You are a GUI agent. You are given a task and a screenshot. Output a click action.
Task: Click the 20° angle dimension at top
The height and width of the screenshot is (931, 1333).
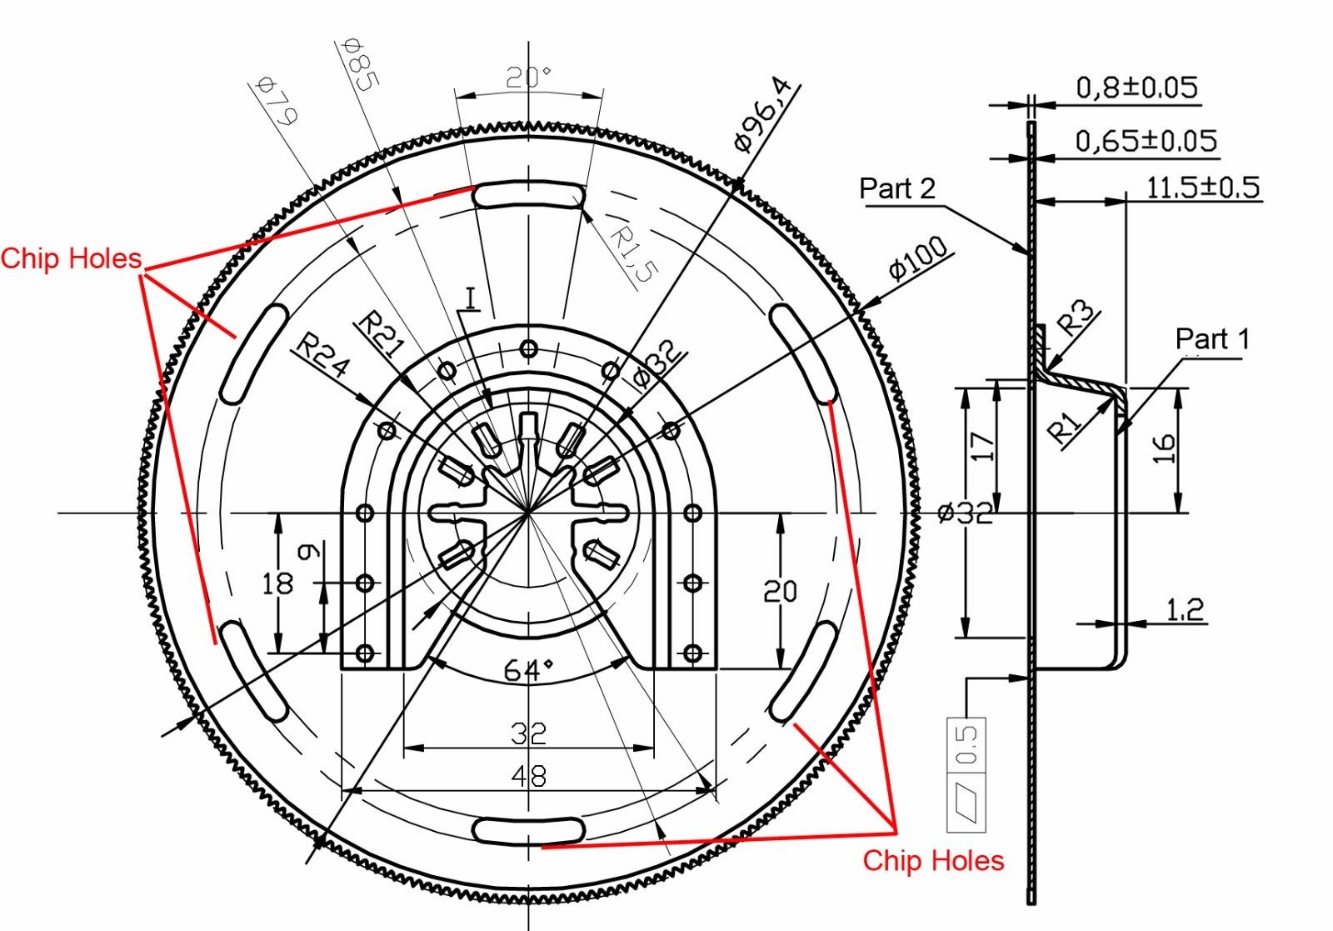coord(529,78)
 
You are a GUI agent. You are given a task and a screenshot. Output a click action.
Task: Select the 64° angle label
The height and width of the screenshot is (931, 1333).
coord(528,668)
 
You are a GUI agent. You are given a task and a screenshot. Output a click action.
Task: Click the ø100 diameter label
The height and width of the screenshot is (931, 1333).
coord(917,258)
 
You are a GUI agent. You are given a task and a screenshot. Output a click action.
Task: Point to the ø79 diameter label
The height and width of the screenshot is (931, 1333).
coord(277,100)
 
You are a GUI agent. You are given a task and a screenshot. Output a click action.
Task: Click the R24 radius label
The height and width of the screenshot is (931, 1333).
coord(324,356)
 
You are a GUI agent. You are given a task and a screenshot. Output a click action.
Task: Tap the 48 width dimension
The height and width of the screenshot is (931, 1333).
coord(528,777)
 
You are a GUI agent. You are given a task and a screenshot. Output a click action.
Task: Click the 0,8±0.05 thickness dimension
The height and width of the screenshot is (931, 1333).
coord(1136,88)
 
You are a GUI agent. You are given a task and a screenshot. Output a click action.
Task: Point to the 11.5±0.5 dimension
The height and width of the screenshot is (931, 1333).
coord(1203,188)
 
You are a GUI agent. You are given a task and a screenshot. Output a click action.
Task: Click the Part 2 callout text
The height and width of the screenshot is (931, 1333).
coord(897,189)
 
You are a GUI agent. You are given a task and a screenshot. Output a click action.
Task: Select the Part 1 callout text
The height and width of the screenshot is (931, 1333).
coord(1212,339)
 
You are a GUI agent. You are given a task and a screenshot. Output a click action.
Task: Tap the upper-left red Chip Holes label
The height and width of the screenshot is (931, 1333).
coord(71,258)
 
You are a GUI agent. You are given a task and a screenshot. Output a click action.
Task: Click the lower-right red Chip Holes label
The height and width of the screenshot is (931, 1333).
coord(933,860)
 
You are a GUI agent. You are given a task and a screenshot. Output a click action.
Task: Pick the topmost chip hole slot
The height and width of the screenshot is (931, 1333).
coord(528,196)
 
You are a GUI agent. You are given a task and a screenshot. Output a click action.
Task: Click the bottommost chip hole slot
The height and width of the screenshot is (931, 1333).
coord(528,830)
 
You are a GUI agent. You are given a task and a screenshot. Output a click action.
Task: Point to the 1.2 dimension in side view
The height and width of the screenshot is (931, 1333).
coord(1185,610)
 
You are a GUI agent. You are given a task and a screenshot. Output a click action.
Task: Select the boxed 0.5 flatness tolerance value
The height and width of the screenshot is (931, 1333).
coord(966,744)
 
